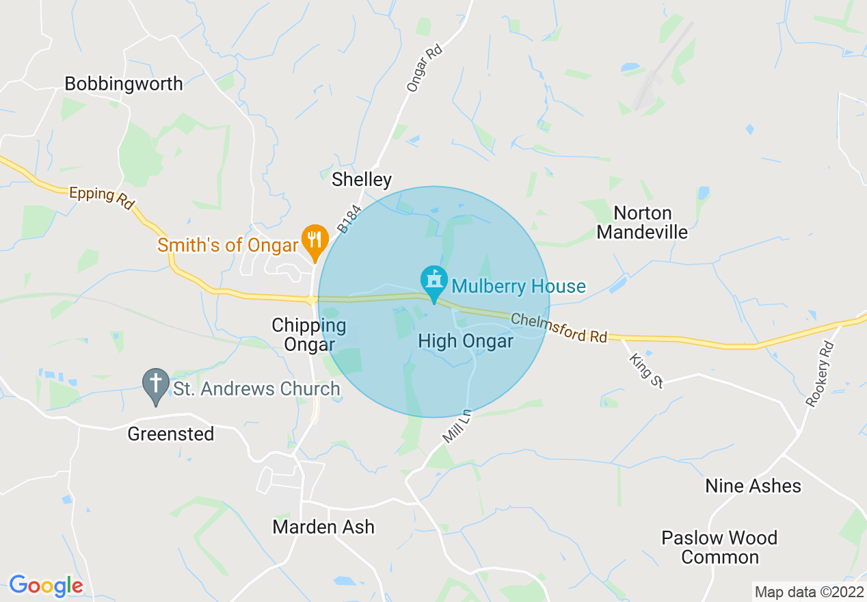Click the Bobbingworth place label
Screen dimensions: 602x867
(124, 83)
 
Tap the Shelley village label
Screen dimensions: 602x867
(362, 180)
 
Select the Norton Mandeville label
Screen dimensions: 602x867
(642, 222)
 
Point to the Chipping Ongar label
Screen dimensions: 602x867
(309, 335)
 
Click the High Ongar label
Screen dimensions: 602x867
(466, 341)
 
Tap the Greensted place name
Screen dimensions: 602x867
(171, 434)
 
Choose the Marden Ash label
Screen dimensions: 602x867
(323, 527)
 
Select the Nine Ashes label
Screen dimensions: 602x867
(753, 486)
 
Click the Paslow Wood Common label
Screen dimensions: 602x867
(719, 547)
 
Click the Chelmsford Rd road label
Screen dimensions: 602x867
(559, 327)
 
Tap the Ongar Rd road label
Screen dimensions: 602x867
(425, 68)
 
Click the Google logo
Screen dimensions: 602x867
(46, 586)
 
